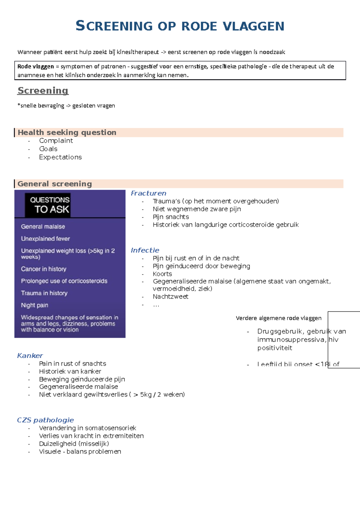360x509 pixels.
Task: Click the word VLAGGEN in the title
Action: point(253,26)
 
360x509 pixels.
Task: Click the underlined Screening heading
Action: point(43,91)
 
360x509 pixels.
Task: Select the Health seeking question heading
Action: point(67,132)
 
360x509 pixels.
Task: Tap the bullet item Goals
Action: point(48,149)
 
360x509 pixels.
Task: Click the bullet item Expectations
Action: point(60,157)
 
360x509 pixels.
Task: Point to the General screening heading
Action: point(55,184)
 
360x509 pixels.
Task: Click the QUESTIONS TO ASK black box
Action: point(50,205)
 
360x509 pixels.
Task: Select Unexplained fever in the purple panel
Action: point(45,239)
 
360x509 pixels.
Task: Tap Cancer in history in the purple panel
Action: point(43,269)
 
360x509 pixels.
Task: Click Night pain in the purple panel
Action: point(34,305)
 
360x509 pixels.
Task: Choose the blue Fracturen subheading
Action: point(148,193)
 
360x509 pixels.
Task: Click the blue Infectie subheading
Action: point(145,250)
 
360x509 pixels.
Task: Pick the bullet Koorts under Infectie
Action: point(162,274)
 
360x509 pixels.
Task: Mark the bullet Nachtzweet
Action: point(170,297)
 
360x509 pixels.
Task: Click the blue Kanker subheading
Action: point(30,356)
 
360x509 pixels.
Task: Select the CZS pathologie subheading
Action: point(45,420)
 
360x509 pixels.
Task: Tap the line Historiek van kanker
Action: point(70,371)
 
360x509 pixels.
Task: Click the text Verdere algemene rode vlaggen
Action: point(278,318)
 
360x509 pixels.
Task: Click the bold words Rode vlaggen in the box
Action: point(35,67)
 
